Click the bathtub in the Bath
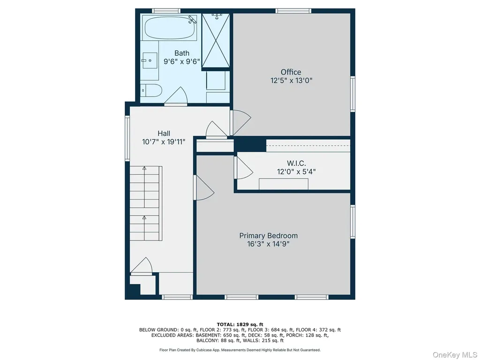click(x=170, y=28)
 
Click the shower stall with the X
click(x=216, y=40)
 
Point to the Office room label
click(x=291, y=72)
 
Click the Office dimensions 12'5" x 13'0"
click(x=291, y=81)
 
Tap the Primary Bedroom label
click(x=269, y=236)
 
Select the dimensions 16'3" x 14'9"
click(x=269, y=244)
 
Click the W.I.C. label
click(x=296, y=163)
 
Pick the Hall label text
click(x=164, y=134)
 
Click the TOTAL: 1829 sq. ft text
click(x=240, y=324)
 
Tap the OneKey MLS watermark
click(x=455, y=355)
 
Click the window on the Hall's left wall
click(x=127, y=138)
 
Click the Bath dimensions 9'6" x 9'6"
click(x=182, y=61)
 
